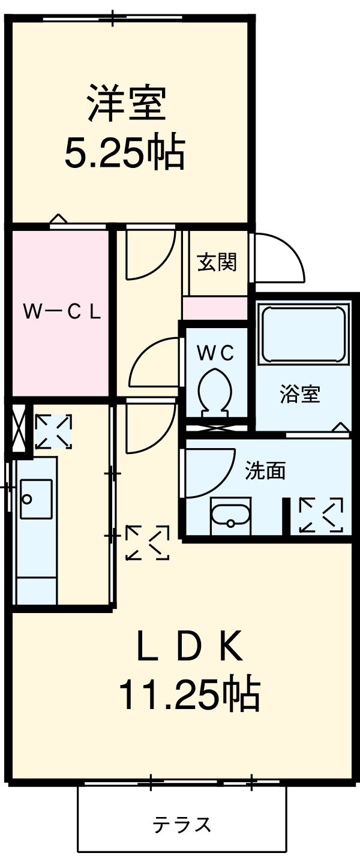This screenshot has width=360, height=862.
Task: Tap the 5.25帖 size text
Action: point(124,152)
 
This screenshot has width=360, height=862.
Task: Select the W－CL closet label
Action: point(61,312)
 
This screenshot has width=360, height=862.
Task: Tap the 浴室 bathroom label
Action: point(300,394)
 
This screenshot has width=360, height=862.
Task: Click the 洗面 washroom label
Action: point(265,471)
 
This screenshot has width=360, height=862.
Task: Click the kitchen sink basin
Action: point(36,498)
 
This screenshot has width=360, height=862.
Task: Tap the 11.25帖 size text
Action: point(189,694)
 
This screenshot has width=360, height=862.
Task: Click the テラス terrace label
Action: point(182,825)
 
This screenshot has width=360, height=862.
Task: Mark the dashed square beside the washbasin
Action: point(321,515)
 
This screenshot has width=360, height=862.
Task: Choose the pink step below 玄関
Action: point(215,308)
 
